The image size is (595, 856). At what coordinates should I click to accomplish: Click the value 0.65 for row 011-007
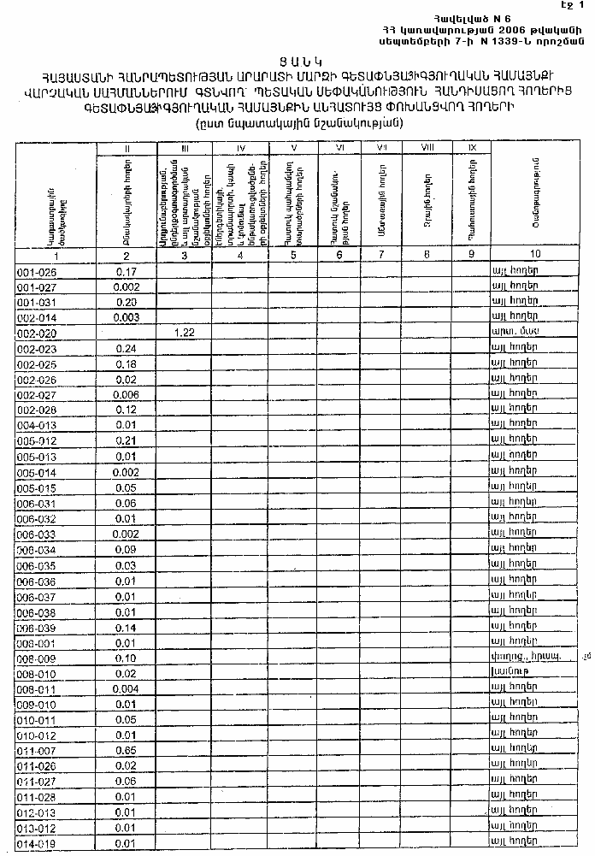point(127,750)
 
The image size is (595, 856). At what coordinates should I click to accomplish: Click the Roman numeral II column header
point(127,148)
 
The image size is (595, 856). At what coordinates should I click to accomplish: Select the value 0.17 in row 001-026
point(127,272)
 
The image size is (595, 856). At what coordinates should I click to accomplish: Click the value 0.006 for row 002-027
point(127,395)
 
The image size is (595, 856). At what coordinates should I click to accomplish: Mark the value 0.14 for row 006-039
point(127,627)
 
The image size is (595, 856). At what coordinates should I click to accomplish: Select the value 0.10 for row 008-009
point(127,658)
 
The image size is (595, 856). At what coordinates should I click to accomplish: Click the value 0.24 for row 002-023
point(127,349)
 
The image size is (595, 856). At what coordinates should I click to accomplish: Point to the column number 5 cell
point(293,255)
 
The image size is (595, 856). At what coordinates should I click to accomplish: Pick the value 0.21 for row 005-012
point(127,440)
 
